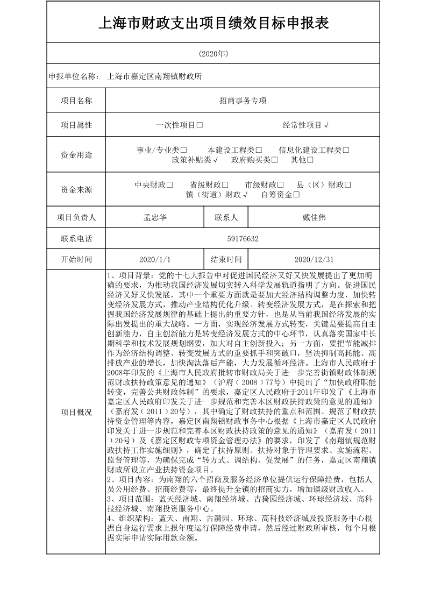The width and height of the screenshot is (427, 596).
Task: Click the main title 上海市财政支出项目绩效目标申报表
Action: pos(213,23)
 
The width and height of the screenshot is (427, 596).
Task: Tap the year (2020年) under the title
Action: pos(213,54)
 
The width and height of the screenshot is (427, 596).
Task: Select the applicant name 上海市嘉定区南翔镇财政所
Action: pos(155,76)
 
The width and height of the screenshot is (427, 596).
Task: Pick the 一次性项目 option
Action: pos(179,125)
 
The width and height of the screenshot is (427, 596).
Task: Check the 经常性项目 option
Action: pos(305,125)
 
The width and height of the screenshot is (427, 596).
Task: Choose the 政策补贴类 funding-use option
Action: pos(194,160)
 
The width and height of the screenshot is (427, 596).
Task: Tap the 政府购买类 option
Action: pos(254,160)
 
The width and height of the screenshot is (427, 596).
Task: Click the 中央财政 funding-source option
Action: pos(153,185)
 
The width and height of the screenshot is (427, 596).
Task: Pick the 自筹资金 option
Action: pos(280,195)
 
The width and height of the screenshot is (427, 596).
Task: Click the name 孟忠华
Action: pos(155,218)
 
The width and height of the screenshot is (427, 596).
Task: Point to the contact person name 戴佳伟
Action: pos(314,218)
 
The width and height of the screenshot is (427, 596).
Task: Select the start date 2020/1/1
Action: pos(155,259)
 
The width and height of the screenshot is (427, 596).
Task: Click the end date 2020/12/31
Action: pos(314,259)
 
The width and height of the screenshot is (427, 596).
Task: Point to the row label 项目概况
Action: pos(76,413)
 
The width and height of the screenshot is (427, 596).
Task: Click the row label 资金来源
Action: pos(76,189)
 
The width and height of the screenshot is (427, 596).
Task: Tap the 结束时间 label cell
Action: pos(226,259)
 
